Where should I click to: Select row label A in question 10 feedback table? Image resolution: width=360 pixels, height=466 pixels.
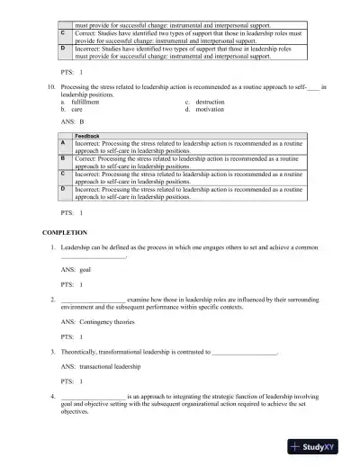tap(62, 144)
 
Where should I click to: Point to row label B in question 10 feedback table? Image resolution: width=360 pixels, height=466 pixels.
tap(62, 157)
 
